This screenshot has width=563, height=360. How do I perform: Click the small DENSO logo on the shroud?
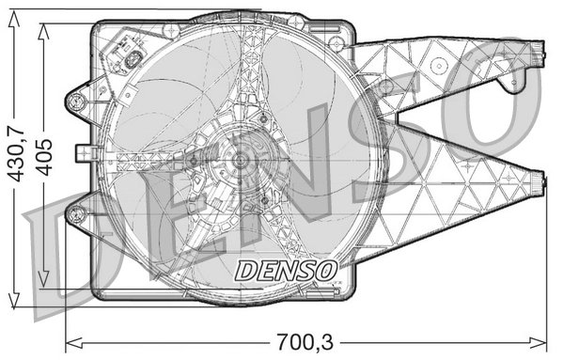(285, 271)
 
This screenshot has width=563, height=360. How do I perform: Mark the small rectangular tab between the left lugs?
(82, 150)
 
